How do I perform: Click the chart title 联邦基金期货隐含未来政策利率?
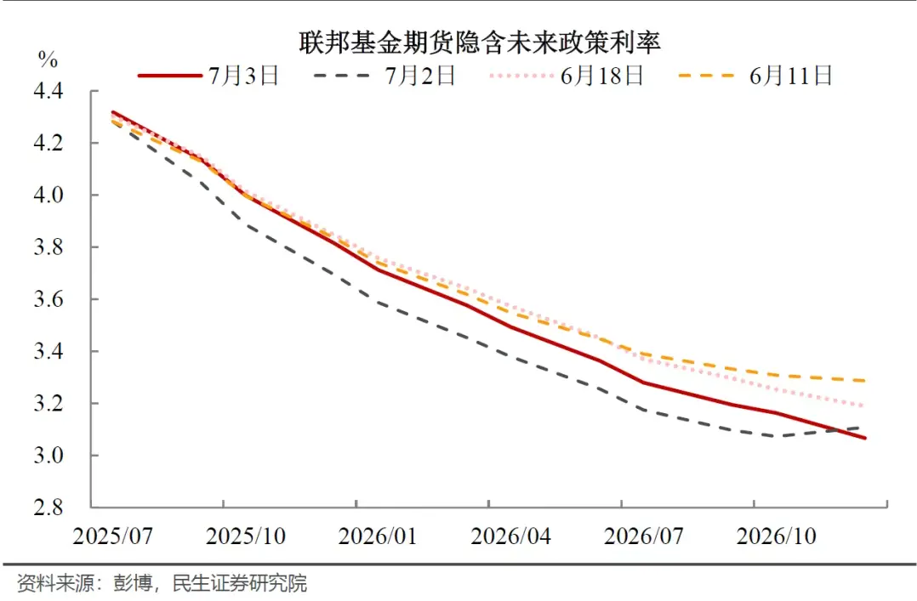click(x=479, y=42)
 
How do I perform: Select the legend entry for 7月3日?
click(x=208, y=76)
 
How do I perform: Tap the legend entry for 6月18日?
click(x=566, y=76)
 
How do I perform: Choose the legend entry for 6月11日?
click(x=755, y=76)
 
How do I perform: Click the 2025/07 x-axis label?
click(x=113, y=536)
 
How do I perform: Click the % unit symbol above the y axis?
click(x=48, y=60)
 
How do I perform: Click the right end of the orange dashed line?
click(x=865, y=381)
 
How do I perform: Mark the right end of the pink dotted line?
click(x=865, y=406)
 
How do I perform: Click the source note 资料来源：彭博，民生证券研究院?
click(x=162, y=584)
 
